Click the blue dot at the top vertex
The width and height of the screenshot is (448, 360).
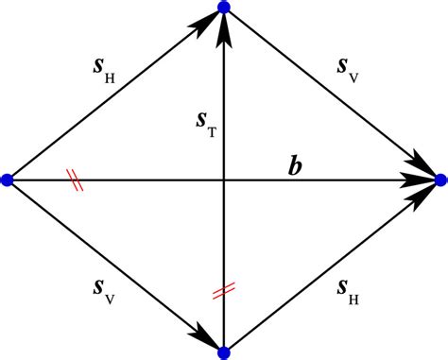pos(224,8)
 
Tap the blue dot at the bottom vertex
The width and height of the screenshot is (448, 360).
pos(224,352)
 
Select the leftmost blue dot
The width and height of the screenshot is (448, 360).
pos(7,180)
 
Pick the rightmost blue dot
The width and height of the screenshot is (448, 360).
pos(440,179)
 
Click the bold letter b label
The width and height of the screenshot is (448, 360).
pos(297,167)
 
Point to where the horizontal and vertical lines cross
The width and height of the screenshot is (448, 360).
pos(224,179)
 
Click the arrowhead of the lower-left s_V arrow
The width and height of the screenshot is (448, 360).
pos(207,337)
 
